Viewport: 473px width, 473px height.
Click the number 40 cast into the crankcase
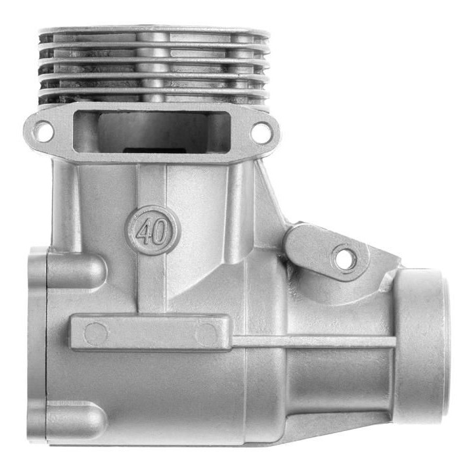[152, 231]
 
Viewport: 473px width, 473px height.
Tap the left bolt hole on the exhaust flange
[43, 131]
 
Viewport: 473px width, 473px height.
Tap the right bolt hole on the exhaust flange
[260, 132]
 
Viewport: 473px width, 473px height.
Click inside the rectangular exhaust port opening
[152, 132]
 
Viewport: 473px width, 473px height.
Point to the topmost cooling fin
[154, 30]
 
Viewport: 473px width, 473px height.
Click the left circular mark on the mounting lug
[96, 334]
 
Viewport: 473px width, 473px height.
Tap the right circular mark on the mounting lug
[207, 334]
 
